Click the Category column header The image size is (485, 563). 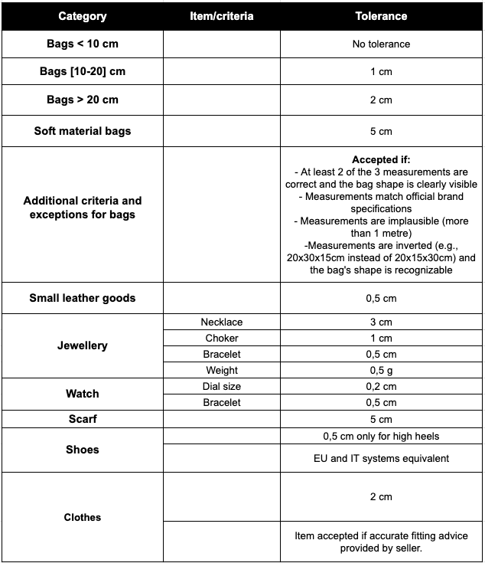[x=82, y=16]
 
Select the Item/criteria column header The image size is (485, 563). [x=221, y=16]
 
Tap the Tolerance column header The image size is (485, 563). [x=381, y=16]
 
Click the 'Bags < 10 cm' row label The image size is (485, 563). [x=82, y=44]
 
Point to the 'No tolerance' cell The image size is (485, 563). [x=381, y=44]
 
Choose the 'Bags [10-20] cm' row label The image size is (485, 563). [x=82, y=72]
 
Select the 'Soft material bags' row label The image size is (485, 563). [x=82, y=131]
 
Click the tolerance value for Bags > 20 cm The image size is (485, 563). [x=381, y=100]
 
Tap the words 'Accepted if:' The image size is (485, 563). [x=381, y=160]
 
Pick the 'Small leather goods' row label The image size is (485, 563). [x=82, y=298]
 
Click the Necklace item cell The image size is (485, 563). [x=221, y=322]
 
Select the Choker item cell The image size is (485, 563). [x=221, y=338]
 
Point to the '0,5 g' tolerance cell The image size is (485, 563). [x=381, y=371]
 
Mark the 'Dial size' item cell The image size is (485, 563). [x=221, y=387]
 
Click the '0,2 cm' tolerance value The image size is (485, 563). [x=381, y=387]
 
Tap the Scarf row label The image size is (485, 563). [x=82, y=419]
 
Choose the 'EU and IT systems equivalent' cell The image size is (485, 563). [x=381, y=459]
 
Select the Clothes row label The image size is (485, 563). [x=82, y=517]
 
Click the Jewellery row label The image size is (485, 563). [x=82, y=345]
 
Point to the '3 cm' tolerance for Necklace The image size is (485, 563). [x=381, y=322]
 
